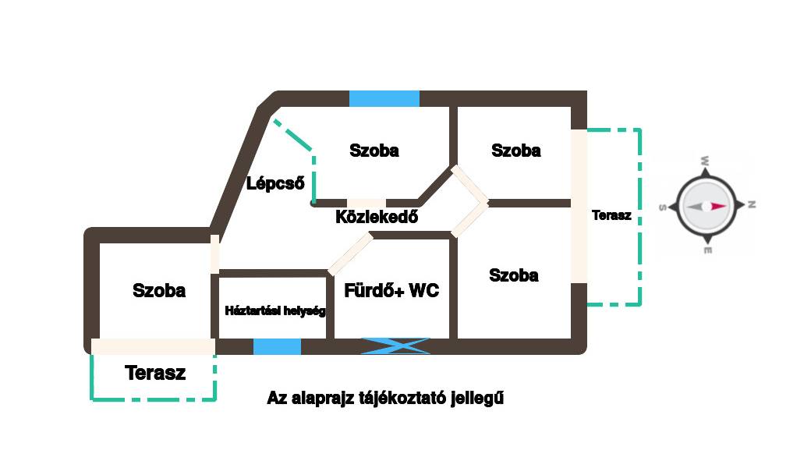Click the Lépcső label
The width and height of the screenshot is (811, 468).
click(275, 184)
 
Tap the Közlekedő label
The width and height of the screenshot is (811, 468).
click(377, 217)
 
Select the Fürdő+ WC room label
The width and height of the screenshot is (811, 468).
click(391, 291)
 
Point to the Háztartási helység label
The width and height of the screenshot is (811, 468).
click(274, 310)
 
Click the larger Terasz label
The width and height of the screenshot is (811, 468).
click(155, 373)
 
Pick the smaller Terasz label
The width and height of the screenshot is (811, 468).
click(611, 215)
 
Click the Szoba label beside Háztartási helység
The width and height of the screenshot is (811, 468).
click(159, 291)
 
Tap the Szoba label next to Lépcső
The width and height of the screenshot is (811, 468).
click(374, 151)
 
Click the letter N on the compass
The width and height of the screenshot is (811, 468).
click(752, 205)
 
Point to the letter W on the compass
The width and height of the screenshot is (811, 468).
click(705, 161)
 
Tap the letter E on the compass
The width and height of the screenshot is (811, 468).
click(707, 250)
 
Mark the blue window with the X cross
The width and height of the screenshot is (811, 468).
click(395, 346)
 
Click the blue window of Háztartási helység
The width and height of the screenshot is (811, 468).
click(277, 346)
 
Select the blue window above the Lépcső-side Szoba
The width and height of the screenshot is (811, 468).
click(384, 98)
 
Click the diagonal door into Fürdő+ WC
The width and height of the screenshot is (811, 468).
click(349, 254)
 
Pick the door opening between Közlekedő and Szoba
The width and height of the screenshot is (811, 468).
click(366, 204)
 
